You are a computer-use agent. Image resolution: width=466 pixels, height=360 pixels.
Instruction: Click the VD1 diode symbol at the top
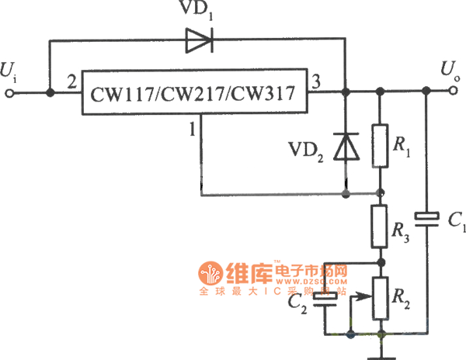pyautogui.click(x=198, y=41)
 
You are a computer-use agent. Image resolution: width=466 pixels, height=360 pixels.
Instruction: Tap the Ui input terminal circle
pyautogui.click(x=10, y=93)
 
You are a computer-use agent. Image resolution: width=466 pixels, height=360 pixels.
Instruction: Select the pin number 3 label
pyautogui.click(x=316, y=81)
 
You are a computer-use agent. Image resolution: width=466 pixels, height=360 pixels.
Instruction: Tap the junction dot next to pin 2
pyautogui.click(x=51, y=93)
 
